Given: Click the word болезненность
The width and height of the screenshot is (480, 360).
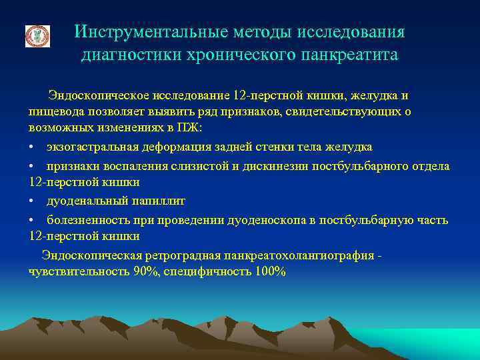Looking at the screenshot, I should pos(85,219).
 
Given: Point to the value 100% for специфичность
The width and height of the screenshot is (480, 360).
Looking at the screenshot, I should pos(271,271).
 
